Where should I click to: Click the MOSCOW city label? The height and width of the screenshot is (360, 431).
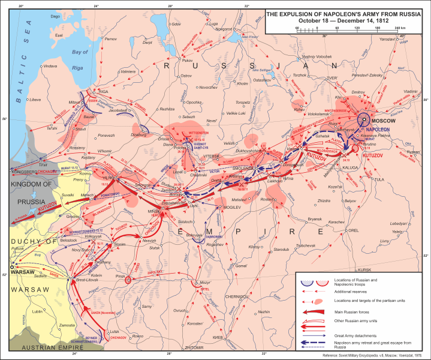click(x=390, y=120)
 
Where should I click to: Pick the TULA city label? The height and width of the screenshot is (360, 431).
click(x=378, y=179)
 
